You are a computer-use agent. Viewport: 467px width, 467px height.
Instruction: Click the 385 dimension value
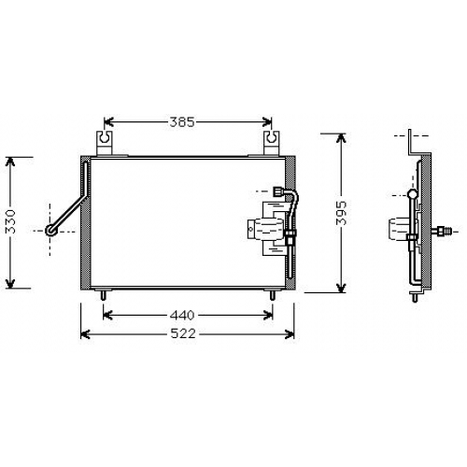(182, 122)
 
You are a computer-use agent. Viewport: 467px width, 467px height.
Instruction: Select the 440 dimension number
(182, 316)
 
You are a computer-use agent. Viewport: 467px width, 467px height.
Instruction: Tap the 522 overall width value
(184, 333)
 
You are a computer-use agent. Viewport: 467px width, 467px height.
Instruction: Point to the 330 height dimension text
(11, 221)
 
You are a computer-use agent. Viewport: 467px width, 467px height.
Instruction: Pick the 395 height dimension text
(341, 213)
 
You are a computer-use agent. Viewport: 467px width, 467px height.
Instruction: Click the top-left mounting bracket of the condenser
(105, 143)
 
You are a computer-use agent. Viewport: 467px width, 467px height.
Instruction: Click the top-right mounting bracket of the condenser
(272, 143)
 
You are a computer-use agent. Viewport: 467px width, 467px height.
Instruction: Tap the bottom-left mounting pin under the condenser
(104, 294)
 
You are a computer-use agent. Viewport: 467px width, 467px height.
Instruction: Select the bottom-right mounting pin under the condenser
(273, 294)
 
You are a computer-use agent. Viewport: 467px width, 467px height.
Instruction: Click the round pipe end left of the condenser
(50, 231)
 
